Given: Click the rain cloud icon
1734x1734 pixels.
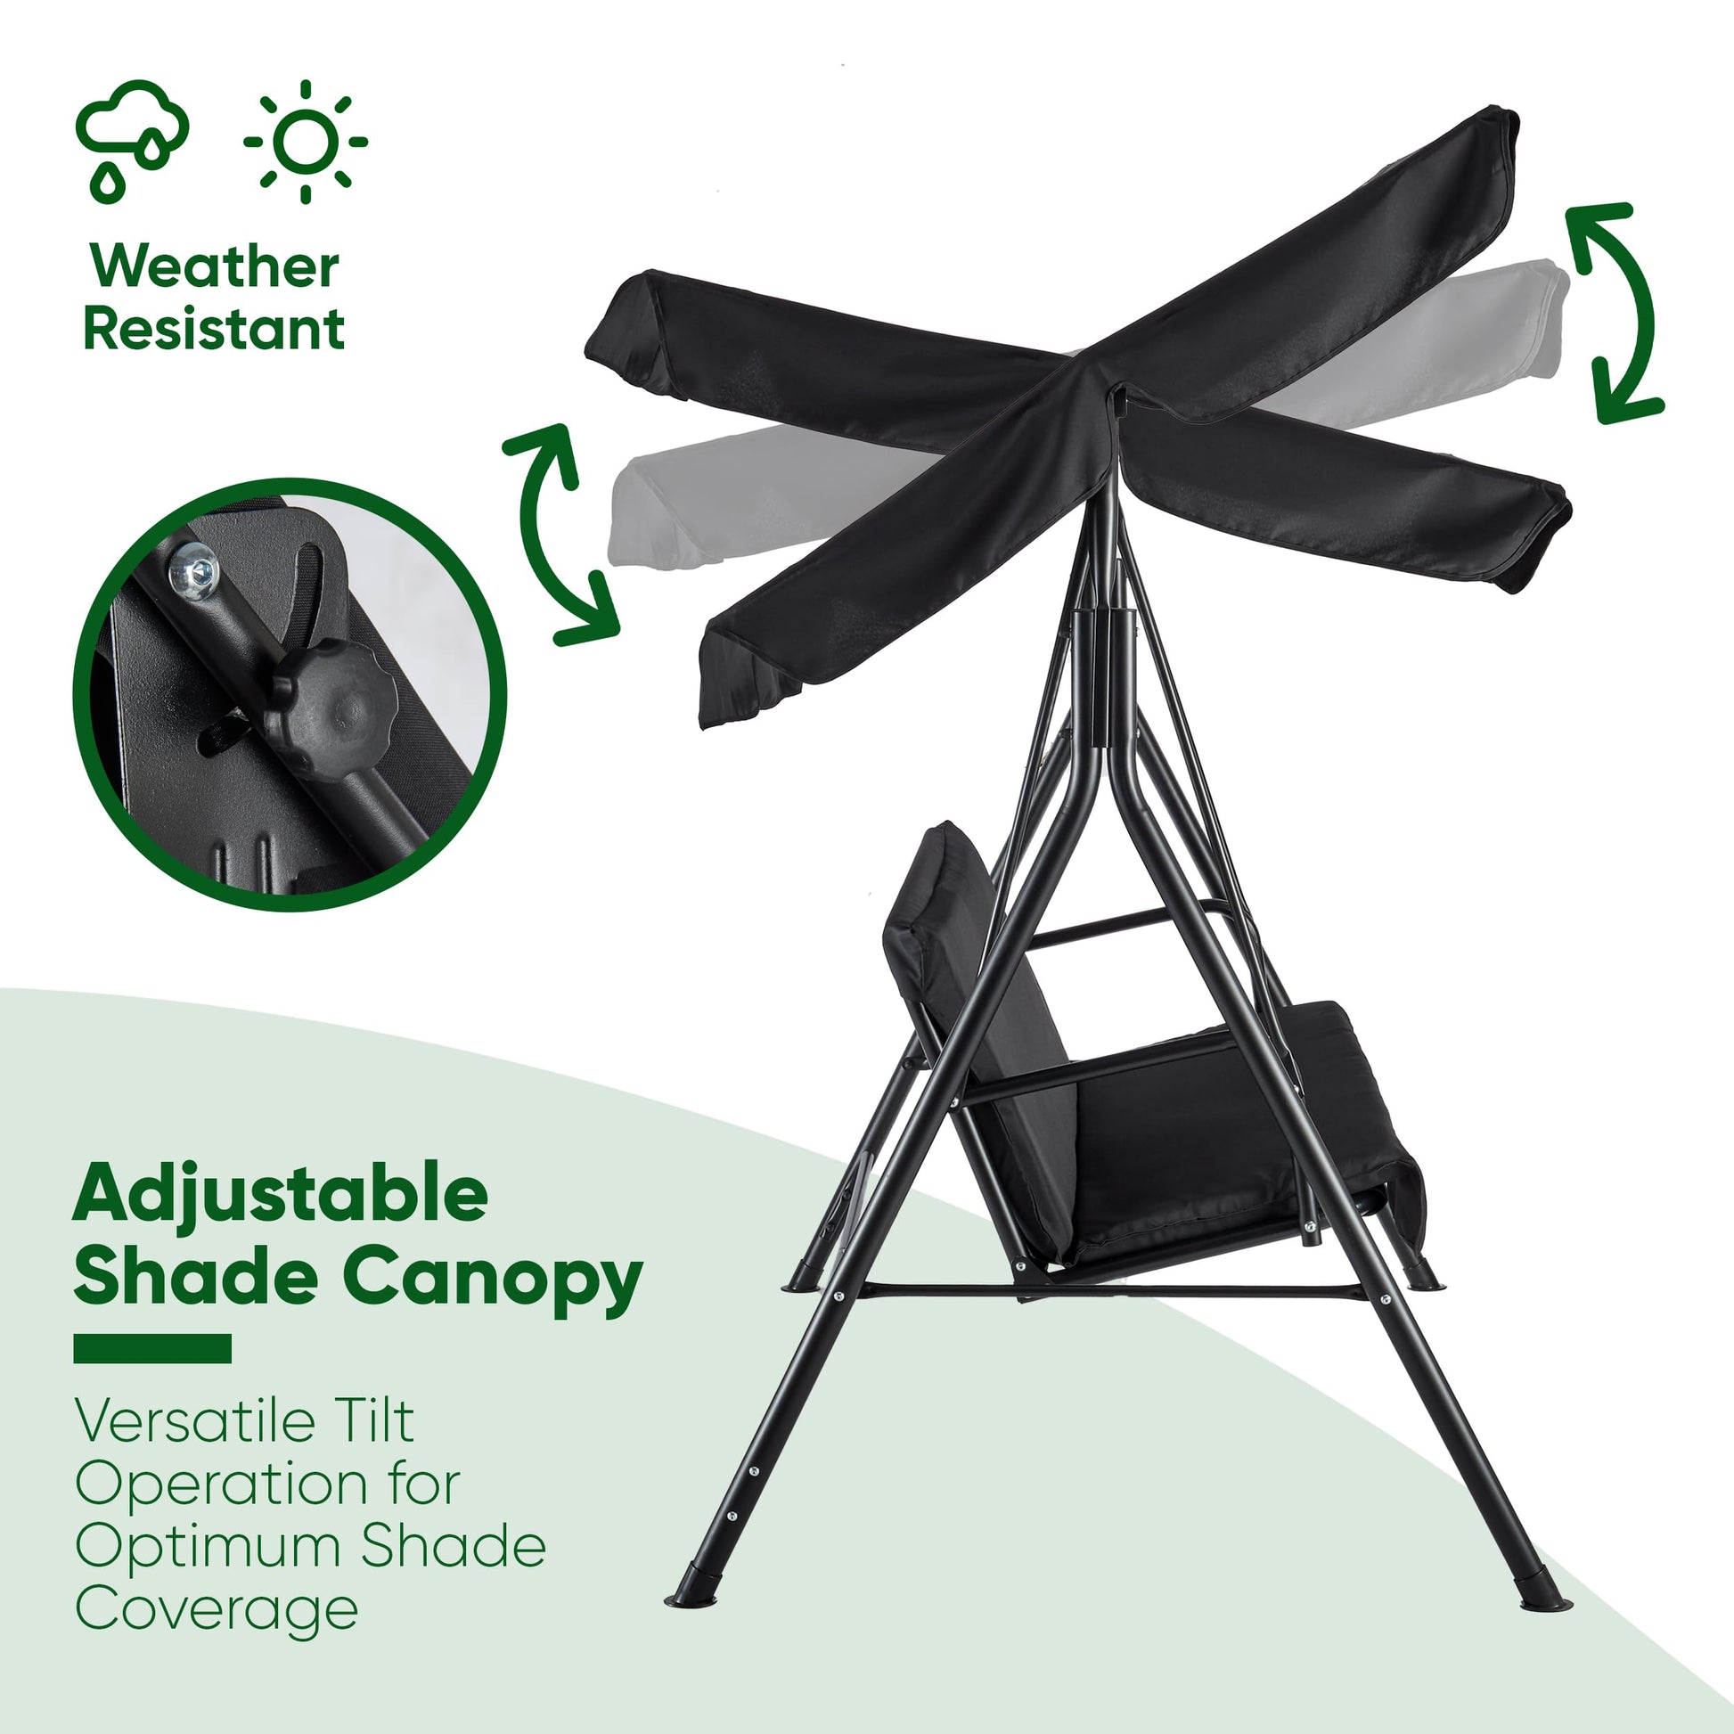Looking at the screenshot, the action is (x=132, y=139).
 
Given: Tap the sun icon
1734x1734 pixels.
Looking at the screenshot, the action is (x=305, y=141).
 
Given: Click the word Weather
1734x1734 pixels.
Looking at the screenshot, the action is (x=215, y=266).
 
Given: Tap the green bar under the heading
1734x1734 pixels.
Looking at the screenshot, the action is (x=152, y=1349).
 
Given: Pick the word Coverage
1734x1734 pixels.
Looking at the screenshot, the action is (x=217, y=1610).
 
